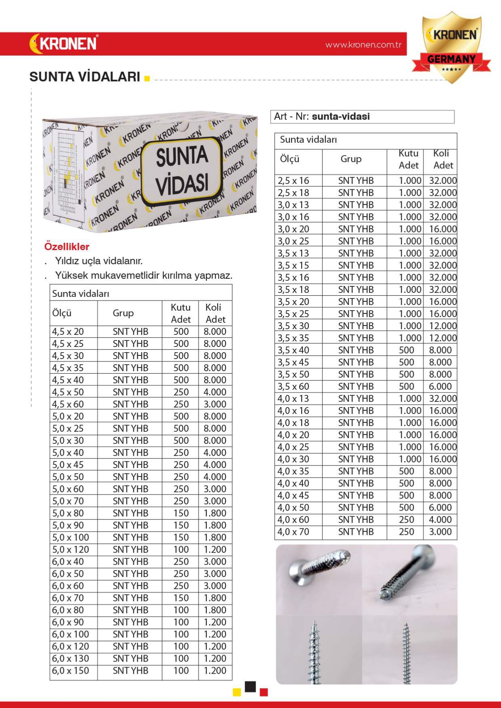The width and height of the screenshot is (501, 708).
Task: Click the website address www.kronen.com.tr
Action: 363,44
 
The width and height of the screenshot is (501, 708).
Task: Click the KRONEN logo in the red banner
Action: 64,43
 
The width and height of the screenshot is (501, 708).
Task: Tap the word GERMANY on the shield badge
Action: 451,59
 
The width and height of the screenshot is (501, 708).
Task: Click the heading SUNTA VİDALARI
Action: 85,77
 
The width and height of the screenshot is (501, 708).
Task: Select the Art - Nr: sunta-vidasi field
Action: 362,117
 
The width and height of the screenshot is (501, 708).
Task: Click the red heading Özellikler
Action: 67,246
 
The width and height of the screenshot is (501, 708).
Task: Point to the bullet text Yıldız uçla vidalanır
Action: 99,261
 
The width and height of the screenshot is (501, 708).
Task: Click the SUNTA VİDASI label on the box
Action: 182,169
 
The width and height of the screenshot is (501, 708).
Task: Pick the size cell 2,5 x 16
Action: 293,181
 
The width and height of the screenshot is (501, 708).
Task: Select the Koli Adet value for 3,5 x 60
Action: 440,386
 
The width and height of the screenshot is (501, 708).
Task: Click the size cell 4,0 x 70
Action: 293,532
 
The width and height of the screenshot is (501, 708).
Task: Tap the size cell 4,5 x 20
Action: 68,332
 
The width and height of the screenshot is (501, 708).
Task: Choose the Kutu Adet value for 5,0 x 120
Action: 181,549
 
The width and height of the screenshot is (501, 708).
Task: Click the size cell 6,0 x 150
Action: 70,670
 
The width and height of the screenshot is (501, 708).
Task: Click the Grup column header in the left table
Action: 123,313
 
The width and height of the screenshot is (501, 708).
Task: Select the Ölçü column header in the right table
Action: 290,159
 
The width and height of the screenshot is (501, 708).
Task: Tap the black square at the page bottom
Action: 250,686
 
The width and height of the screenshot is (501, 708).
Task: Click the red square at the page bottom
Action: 264,692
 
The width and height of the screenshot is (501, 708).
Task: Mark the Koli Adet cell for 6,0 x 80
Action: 215,610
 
